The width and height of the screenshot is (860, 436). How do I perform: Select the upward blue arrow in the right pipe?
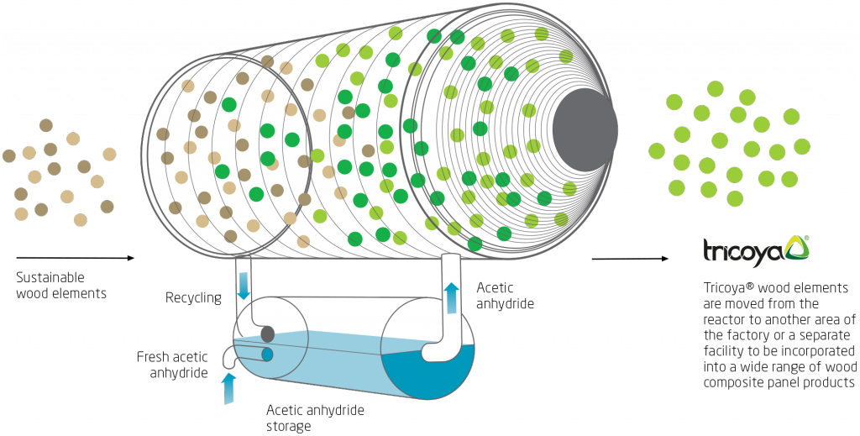coord(451,297)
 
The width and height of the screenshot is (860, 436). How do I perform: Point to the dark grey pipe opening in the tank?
coord(268,334)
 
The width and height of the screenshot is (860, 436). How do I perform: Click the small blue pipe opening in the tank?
coord(268,355)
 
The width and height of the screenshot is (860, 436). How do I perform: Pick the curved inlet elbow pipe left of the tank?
coord(229,359)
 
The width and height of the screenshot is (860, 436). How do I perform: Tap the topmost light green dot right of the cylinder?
coord(715,88)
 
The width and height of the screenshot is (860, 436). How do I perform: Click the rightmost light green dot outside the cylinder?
coord(802,145)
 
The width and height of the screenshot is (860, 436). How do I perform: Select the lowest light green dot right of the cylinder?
coord(735,198)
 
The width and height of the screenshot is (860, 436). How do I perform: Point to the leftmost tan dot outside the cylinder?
coord(9,155)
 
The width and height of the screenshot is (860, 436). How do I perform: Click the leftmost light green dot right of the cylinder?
coord(657,150)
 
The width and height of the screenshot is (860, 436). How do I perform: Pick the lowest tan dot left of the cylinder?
coord(80,220)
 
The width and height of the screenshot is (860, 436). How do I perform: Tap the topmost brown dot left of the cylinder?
coord(47,125)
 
